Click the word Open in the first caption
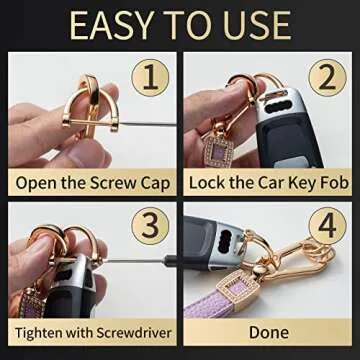(x=34, y=182)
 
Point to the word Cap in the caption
(x=155, y=182)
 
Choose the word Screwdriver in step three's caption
(x=128, y=333)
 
